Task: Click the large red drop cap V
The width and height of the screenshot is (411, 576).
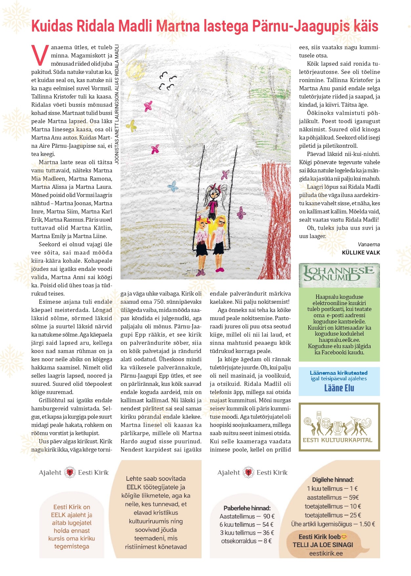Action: (40, 55)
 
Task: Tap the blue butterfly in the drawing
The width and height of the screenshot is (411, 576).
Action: (173, 187)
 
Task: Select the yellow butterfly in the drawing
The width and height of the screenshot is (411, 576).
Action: (132, 125)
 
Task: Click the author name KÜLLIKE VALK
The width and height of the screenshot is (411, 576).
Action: (361, 253)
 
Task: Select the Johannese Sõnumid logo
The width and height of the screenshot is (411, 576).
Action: (339, 275)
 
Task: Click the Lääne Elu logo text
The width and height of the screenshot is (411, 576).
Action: (339, 388)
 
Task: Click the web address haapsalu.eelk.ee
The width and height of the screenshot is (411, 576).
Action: (339, 340)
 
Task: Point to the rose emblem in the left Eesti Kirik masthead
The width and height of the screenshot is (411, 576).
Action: (70, 473)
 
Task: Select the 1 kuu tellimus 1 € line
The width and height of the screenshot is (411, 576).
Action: (332, 489)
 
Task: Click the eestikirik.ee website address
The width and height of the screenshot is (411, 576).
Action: (326, 553)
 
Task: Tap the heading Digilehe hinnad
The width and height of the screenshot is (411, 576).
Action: (333, 480)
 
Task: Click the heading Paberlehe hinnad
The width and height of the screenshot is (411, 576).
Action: (247, 508)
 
